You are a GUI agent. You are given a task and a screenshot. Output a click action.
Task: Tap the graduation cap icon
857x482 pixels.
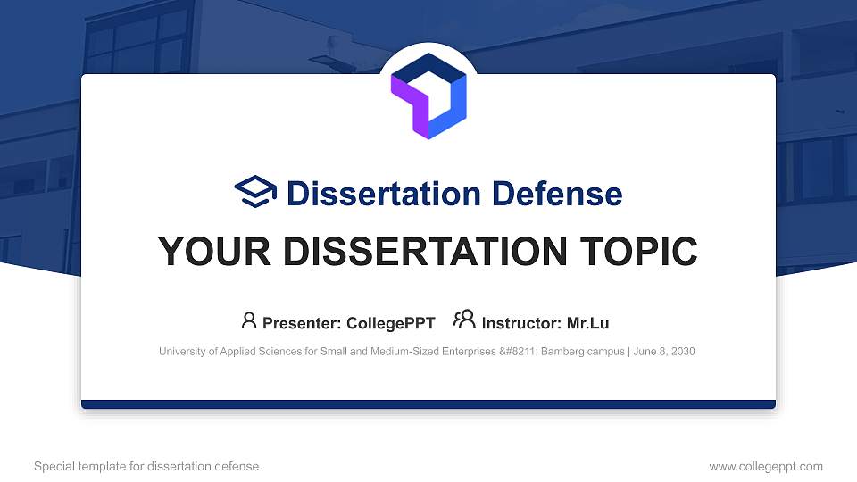click(x=255, y=192)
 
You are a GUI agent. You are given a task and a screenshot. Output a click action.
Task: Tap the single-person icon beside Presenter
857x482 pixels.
click(x=249, y=320)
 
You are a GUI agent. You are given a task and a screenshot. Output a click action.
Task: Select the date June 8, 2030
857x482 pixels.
click(x=666, y=352)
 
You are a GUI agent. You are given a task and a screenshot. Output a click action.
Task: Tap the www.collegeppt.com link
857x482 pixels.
click(x=766, y=466)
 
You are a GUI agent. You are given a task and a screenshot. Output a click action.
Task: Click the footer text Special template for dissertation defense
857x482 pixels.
click(x=146, y=466)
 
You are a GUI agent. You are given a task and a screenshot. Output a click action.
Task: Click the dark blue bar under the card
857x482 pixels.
click(x=428, y=404)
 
